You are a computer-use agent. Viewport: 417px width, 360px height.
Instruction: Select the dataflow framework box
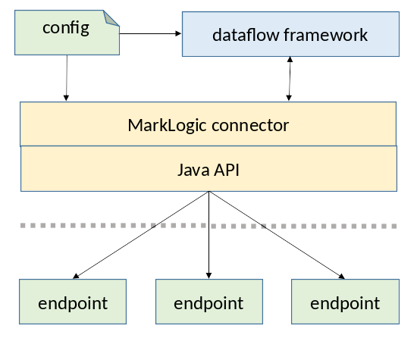coord(290,34)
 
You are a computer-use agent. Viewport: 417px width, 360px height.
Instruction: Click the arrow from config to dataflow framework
coord(151,33)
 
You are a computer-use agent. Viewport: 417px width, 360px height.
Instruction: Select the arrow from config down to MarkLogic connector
coord(67,78)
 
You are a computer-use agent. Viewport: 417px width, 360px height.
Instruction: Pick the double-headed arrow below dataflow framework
coord(288,79)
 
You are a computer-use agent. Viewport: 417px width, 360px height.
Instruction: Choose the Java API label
coord(208,169)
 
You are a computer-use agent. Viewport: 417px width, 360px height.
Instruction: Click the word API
coord(227,169)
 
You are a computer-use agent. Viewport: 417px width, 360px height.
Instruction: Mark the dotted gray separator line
coord(208,225)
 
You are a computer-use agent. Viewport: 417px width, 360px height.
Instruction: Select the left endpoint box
coord(72,302)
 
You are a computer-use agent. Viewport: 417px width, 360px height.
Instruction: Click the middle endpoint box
coord(208,302)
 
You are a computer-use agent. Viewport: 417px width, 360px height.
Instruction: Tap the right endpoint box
coord(345,302)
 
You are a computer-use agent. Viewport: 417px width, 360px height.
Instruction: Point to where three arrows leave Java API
coord(208,193)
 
